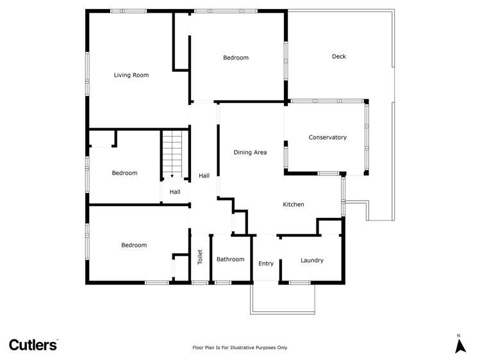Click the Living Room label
[131, 75]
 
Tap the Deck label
[339, 56]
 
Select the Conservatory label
[327, 137]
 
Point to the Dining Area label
[250, 152]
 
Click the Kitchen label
[294, 204]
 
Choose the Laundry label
[311, 260]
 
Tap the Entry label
[266, 263]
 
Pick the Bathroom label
[230, 259]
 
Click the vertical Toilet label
[200, 258]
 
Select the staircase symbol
[172, 154]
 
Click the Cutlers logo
[33, 345]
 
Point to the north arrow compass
[459, 344]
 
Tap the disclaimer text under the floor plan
[240, 347]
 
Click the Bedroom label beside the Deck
[236, 58]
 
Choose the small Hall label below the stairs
[175, 192]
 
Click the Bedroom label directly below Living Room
[124, 173]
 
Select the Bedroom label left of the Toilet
[134, 245]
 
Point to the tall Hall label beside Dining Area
[204, 176]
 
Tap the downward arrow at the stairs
[172, 176]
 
